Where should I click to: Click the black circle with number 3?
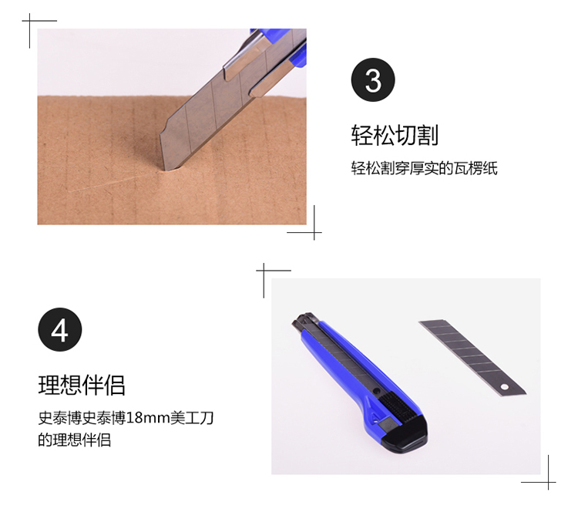click(373, 79)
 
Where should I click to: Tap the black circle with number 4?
click(59, 329)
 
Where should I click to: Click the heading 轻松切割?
click(395, 136)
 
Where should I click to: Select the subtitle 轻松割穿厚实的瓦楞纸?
click(425, 168)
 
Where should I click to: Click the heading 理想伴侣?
click(82, 385)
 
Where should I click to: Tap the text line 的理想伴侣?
click(75, 440)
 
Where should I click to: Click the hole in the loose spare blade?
click(504, 387)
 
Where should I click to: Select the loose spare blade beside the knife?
click(472, 358)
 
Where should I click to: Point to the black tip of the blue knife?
click(304, 321)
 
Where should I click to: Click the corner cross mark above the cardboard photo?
click(30, 21)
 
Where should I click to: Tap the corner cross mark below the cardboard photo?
click(314, 232)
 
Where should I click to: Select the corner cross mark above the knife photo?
click(264, 271)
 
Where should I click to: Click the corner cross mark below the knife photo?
click(549, 482)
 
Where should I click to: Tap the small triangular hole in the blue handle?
click(376, 418)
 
